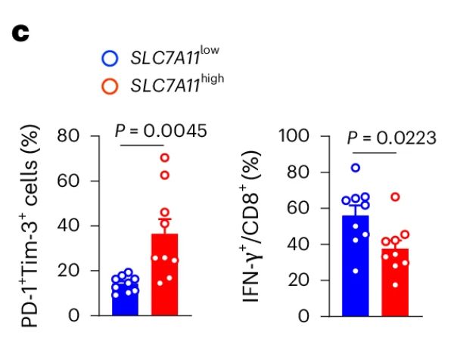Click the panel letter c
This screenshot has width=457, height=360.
coord(18,36)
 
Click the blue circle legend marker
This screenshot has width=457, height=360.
coord(110,58)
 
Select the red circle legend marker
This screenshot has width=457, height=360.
coord(110,85)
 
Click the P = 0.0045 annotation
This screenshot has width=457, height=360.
coord(160,131)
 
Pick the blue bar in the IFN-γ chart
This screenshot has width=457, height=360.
coord(356,265)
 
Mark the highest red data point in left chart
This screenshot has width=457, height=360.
coord(164,157)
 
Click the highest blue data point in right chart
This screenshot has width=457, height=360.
coord(356,168)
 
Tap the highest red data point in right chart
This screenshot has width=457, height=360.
coord(395,197)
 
